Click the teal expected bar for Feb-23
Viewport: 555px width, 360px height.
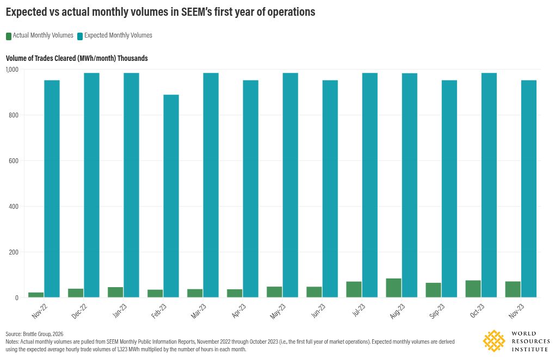point(171,196)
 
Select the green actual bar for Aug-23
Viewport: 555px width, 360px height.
point(393,288)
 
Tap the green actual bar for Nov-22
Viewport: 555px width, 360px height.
point(36,295)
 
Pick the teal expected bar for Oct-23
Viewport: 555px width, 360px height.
point(489,185)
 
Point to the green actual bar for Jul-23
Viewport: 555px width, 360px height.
point(354,289)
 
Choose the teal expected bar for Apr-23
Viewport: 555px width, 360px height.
point(251,189)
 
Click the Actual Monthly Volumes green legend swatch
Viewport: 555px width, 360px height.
point(9,36)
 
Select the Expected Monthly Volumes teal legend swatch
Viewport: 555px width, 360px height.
point(80,36)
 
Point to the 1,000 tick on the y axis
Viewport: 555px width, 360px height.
point(12,69)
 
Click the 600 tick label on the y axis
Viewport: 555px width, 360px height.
point(14,161)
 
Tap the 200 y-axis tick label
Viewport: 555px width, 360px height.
point(14,252)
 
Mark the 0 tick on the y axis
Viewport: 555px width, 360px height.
point(17,298)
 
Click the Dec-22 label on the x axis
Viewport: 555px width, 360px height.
point(79,311)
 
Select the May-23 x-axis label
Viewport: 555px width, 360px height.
point(277,311)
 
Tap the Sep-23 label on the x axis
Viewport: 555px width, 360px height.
point(437,311)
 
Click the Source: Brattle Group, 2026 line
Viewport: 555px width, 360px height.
point(34,334)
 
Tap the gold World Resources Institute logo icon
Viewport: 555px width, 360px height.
point(494,341)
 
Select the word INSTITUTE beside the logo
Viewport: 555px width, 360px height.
point(530,349)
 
